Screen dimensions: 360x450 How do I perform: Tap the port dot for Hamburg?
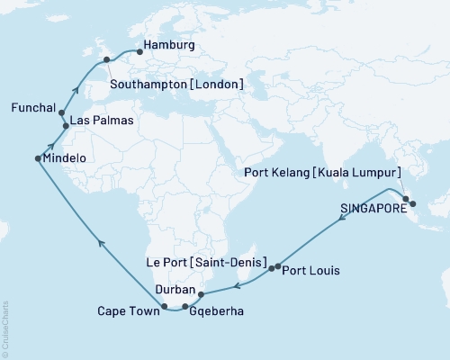click(x=139, y=51)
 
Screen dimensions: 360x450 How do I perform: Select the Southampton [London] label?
click(x=176, y=84)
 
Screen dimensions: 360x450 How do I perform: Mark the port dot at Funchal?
click(x=61, y=114)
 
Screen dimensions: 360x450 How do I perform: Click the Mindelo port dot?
click(x=38, y=158)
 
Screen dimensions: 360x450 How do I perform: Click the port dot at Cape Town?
click(x=165, y=307)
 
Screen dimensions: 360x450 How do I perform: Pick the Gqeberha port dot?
click(x=185, y=307)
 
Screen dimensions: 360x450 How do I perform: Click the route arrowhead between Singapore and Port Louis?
click(x=342, y=225)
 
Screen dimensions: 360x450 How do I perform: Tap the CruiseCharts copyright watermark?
click(x=4, y=328)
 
